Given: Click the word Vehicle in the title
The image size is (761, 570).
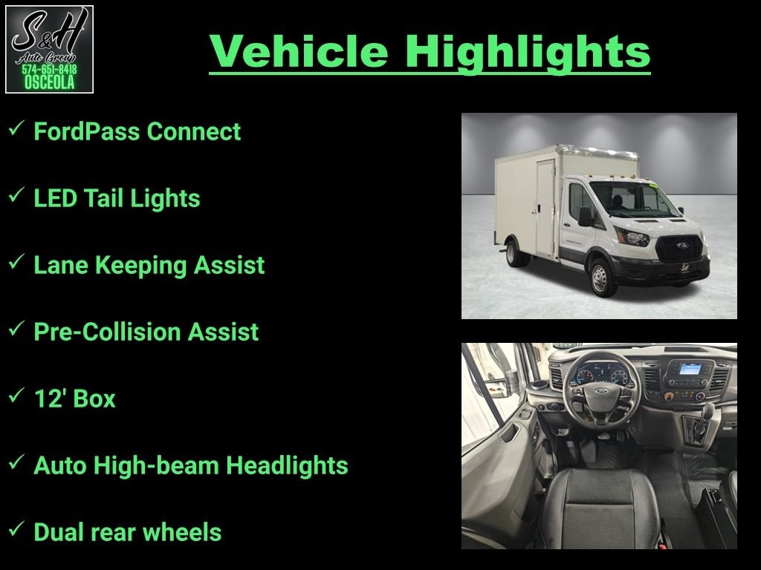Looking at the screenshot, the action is (299, 51).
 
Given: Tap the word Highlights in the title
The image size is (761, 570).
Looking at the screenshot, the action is (528, 53).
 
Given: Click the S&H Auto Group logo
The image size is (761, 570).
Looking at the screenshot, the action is (49, 50).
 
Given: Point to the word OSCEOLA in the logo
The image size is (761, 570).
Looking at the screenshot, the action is (49, 82).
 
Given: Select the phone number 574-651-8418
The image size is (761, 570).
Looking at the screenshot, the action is (49, 69).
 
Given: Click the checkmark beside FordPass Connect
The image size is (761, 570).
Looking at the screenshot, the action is (16, 128).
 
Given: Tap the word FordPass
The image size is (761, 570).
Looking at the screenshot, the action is (86, 131).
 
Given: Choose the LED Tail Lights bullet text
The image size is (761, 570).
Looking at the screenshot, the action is (117, 198).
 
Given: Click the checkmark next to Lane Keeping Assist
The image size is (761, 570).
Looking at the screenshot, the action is (16, 262).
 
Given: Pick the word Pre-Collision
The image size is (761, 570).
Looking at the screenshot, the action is (107, 332).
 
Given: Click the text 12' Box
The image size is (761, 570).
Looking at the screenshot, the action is (75, 399).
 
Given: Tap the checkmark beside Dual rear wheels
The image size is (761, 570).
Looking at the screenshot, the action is (16, 529).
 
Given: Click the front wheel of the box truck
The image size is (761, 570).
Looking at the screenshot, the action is (600, 278).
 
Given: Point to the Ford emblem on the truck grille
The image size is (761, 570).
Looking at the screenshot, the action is (681, 245).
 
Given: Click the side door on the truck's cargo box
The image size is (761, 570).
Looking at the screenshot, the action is (545, 209).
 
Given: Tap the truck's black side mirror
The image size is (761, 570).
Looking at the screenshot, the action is (586, 216).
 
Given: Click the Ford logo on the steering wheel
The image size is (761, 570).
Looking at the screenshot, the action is (601, 391).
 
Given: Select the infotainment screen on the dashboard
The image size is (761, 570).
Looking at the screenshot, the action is (690, 370).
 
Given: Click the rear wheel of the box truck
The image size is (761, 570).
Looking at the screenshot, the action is (512, 253).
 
